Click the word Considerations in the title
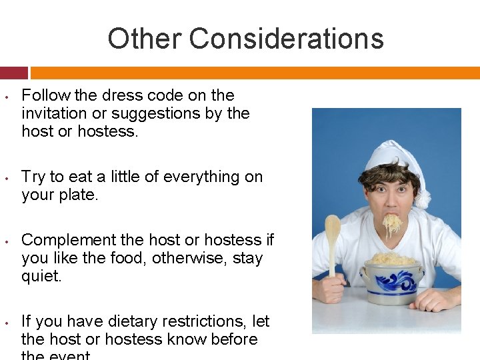[x=286, y=39]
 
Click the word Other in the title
[x=145, y=39]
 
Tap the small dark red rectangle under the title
[x=14, y=73]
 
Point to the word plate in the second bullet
[x=81, y=195]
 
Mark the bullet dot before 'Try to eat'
[x=5, y=178]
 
